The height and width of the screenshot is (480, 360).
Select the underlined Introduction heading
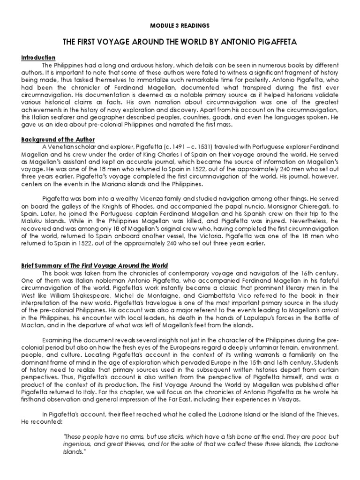click(38, 57)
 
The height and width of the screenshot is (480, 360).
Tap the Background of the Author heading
click(58, 140)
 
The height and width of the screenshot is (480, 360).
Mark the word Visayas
click(291, 400)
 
